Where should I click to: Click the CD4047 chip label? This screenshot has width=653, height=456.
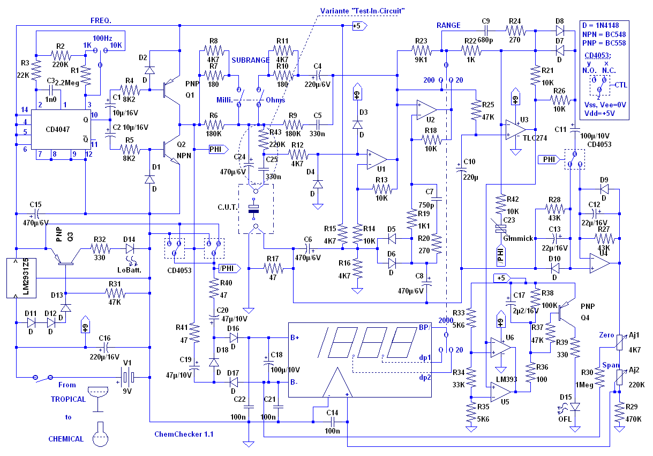click(49, 131)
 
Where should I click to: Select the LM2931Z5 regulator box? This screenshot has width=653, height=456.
click(21, 278)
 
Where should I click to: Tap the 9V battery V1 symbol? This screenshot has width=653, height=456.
click(127, 378)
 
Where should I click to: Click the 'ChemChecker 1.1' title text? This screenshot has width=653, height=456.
click(184, 434)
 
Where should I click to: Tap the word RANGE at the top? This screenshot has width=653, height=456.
click(448, 25)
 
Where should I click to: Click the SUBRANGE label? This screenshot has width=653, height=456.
click(251, 60)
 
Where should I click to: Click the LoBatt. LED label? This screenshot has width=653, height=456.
click(127, 269)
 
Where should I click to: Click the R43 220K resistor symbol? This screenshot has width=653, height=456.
click(262, 139)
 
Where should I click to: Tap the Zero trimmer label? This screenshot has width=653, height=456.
click(606, 335)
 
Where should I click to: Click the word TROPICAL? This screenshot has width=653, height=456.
click(68, 399)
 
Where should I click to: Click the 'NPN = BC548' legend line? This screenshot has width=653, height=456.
click(605, 34)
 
